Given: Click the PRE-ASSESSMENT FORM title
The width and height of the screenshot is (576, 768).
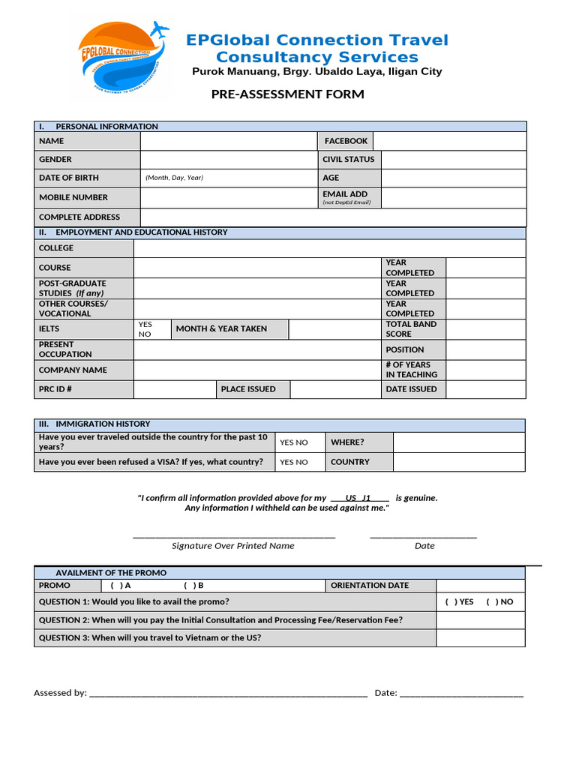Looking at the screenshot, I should (x=287, y=94).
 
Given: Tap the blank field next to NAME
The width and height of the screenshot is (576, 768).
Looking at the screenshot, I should (x=229, y=141).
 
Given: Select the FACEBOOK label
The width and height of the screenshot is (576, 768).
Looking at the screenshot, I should (x=346, y=141).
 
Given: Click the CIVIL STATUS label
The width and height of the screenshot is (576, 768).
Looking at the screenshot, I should (x=348, y=159).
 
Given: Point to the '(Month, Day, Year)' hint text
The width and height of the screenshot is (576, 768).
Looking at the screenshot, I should (x=174, y=178).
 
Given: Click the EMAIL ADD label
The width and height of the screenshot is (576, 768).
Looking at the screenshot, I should (x=345, y=194).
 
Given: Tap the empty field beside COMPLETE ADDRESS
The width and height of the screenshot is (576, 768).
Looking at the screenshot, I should (x=333, y=217).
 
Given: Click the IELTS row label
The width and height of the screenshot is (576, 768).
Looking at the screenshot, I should (x=49, y=329).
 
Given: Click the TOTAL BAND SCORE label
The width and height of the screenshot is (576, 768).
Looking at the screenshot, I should (x=410, y=329).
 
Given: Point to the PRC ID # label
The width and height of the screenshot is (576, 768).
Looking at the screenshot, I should (x=55, y=389).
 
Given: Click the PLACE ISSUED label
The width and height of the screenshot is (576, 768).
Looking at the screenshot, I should (x=248, y=389).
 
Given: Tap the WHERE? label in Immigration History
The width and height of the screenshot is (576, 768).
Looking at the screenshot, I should (x=347, y=442).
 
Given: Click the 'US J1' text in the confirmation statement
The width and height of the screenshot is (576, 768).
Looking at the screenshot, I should (x=358, y=498).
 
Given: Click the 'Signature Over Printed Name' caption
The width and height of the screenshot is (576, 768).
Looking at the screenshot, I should (x=232, y=546).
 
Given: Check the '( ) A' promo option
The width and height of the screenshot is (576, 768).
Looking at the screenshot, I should (x=120, y=586).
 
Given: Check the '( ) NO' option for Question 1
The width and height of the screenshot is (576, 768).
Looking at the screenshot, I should (x=499, y=601).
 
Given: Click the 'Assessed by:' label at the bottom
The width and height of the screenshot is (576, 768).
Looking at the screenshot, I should (x=60, y=693).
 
